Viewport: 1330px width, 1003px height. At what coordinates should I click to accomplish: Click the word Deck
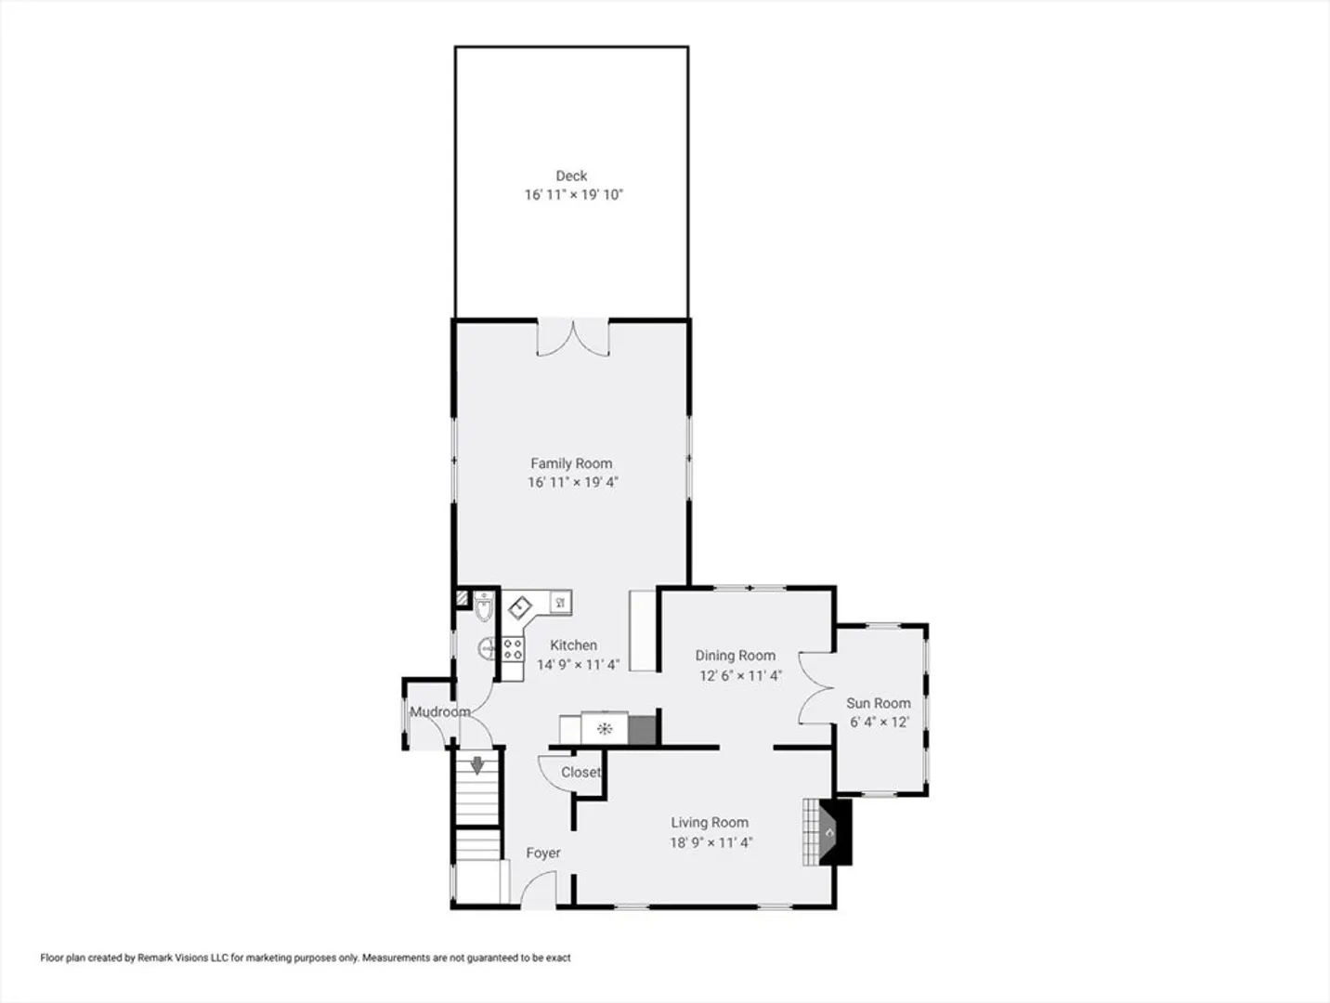coord(571,176)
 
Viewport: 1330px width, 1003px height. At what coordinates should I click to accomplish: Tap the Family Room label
coord(571,463)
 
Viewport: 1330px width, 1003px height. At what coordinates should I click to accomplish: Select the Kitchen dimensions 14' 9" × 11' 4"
coord(578,664)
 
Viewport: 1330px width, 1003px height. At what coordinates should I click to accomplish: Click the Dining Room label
coord(735,656)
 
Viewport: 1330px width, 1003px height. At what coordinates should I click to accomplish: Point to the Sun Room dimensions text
coord(880,722)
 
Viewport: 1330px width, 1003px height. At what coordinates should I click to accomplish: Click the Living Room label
coord(710,823)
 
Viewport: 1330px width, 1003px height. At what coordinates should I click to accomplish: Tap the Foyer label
coord(543,853)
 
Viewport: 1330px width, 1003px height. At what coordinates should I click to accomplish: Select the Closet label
coord(581,773)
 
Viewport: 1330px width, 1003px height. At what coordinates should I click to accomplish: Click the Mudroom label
coord(440,711)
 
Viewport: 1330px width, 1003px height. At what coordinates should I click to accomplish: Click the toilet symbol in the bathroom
coord(484,606)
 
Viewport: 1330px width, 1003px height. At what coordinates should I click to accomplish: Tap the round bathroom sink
coord(487,649)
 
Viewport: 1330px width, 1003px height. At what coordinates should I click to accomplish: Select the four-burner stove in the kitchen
coord(513,649)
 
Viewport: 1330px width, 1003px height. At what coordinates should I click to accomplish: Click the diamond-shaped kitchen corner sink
coord(520,607)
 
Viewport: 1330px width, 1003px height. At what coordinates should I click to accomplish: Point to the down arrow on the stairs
coord(477,765)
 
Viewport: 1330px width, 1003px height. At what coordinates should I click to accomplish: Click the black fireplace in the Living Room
coord(835,832)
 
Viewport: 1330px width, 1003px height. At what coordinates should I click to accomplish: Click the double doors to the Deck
coord(573,337)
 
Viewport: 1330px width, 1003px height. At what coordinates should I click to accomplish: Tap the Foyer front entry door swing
coord(538,889)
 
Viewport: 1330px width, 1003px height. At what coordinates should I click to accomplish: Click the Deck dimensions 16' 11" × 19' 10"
coord(574,195)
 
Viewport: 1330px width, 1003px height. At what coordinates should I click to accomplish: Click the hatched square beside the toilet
coord(463,598)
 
